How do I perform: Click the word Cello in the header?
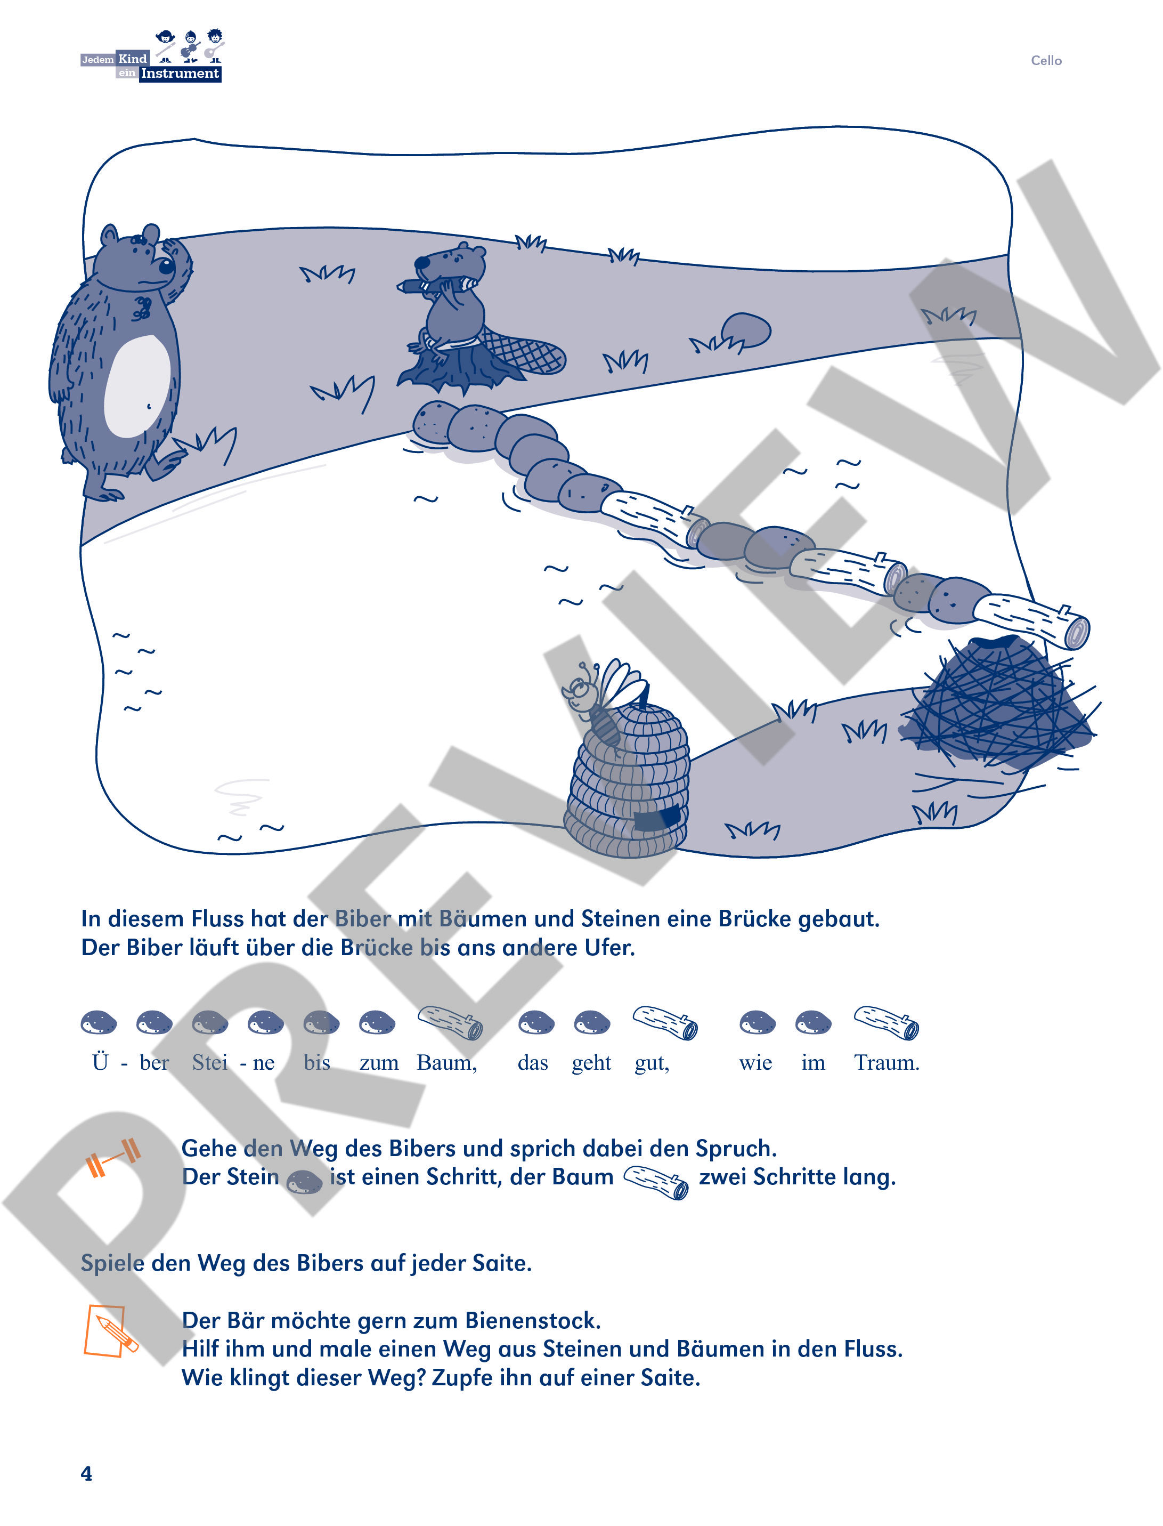tap(1045, 60)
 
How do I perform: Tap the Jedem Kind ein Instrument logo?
tap(152, 58)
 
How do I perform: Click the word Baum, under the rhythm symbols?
tap(446, 1063)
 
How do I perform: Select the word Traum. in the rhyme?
tap(886, 1063)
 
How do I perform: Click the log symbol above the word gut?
tap(664, 1022)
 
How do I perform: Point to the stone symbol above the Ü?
tap(99, 1022)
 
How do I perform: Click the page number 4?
tap(86, 1473)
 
